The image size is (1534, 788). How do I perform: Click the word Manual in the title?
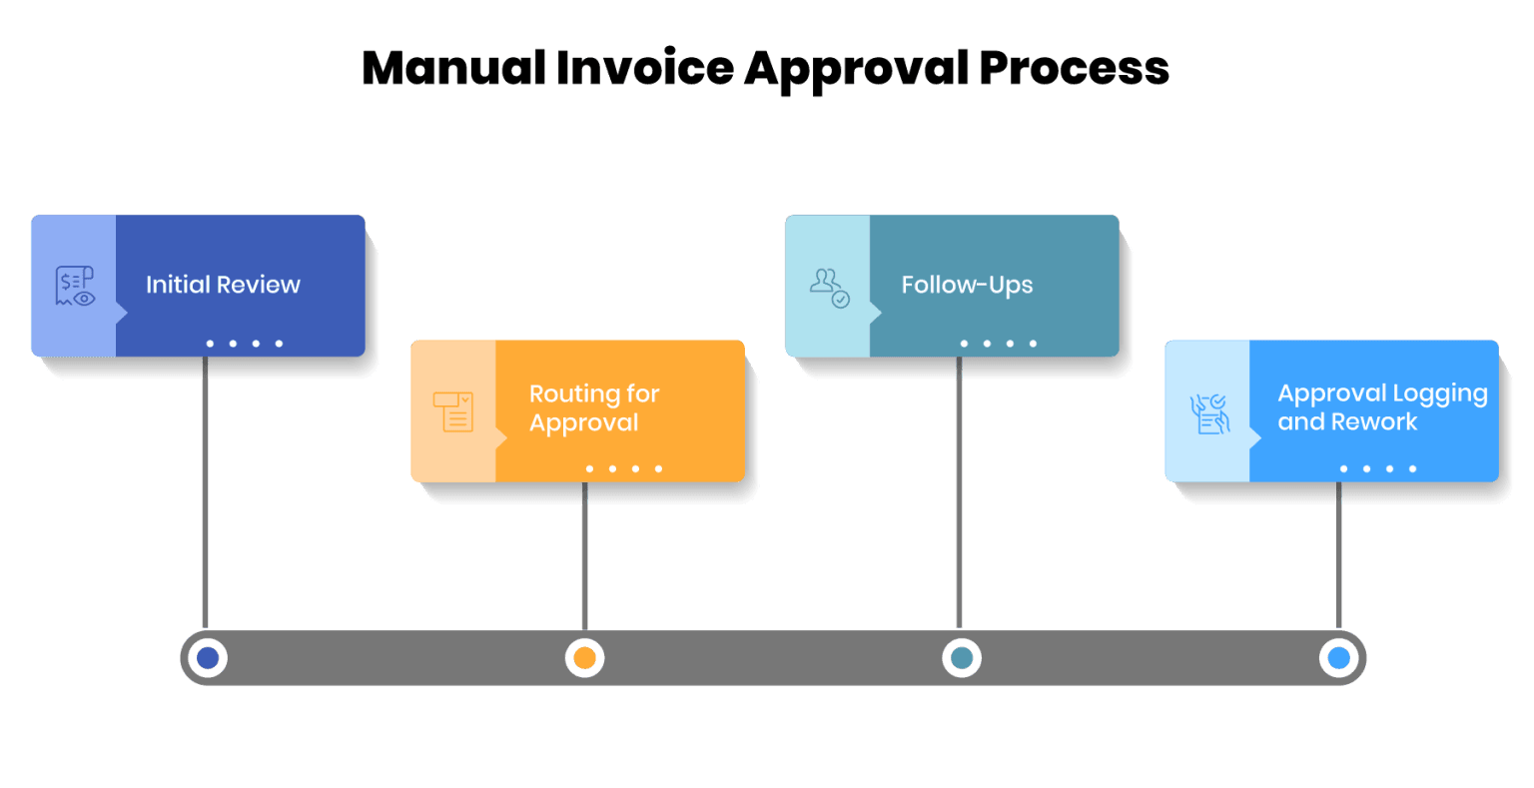tap(452, 69)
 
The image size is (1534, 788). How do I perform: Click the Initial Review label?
tap(223, 285)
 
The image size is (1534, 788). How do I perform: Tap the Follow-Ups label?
tap(967, 285)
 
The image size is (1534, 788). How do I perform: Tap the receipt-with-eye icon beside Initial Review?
tap(74, 286)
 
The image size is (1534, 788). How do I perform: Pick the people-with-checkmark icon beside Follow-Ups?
tap(829, 287)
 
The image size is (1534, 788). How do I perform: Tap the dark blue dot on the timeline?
tap(208, 658)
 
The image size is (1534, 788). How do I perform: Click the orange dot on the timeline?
tap(585, 658)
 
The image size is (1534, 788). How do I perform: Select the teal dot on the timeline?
tap(961, 658)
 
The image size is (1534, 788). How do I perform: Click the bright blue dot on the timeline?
tap(1339, 658)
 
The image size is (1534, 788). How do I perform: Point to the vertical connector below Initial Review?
tap(205, 489)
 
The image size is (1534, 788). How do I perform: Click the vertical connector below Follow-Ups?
tap(959, 489)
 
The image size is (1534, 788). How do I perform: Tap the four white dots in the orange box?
tap(623, 468)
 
